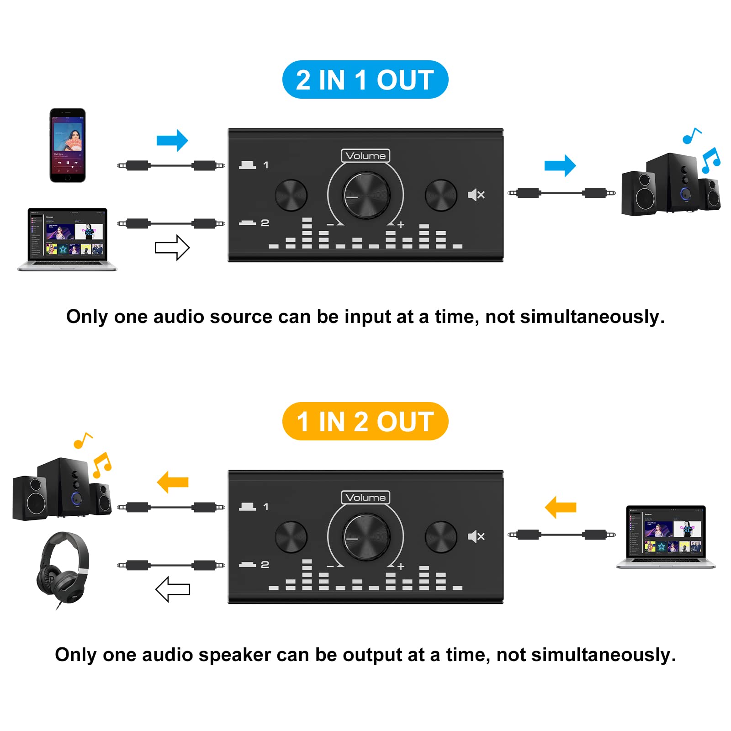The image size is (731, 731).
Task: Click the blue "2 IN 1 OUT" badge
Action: click(x=365, y=79)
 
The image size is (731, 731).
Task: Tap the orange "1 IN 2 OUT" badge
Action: click(x=365, y=421)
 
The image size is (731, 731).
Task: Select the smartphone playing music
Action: click(x=68, y=145)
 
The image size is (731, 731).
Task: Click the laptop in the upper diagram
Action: click(x=67, y=239)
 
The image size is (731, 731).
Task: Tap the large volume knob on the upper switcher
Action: click(x=366, y=195)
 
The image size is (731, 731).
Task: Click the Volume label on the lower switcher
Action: click(x=365, y=498)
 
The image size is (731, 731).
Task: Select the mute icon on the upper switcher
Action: click(x=476, y=195)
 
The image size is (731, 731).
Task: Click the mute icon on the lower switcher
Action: click(x=476, y=536)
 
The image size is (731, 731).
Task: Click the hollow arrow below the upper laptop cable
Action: click(x=172, y=248)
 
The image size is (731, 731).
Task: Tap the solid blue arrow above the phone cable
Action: click(x=172, y=140)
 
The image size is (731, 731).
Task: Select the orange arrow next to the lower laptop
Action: click(x=561, y=507)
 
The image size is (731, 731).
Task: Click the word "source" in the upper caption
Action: click(x=241, y=317)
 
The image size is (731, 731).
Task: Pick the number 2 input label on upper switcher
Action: click(x=265, y=223)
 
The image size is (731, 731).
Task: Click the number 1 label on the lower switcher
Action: click(x=266, y=507)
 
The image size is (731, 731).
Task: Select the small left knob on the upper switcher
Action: click(x=291, y=195)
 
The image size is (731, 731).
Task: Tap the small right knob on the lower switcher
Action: click(x=441, y=537)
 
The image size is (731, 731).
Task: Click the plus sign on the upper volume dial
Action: click(x=401, y=225)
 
